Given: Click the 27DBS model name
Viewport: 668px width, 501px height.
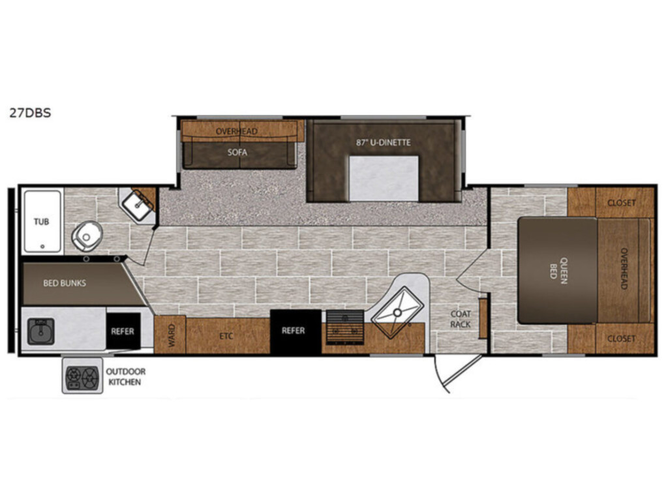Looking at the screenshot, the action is pyautogui.click(x=30, y=113).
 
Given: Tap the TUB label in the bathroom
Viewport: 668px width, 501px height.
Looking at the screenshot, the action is pyautogui.click(x=41, y=222).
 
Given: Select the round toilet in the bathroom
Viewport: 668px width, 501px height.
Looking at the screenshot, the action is pyautogui.click(x=87, y=235).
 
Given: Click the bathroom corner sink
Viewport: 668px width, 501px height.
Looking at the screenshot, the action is pyautogui.click(x=138, y=205).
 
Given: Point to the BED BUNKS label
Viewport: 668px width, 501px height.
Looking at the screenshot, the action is pyautogui.click(x=65, y=283).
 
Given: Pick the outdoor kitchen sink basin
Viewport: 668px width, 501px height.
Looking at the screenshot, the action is pyautogui.click(x=41, y=331).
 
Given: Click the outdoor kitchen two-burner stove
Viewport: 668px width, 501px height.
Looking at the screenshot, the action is pyautogui.click(x=83, y=376).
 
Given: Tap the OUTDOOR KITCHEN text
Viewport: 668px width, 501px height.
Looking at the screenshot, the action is pyautogui.click(x=126, y=376).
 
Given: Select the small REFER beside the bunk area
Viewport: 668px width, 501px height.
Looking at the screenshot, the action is pyautogui.click(x=123, y=331).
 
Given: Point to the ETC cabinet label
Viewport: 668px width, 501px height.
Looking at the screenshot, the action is pyautogui.click(x=226, y=336).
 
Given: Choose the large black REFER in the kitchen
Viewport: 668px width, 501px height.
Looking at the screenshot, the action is pyautogui.click(x=295, y=331).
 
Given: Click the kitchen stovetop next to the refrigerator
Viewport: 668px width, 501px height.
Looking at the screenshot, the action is pyautogui.click(x=345, y=327).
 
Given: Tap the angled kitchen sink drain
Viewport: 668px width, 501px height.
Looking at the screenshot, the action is pyautogui.click(x=397, y=312).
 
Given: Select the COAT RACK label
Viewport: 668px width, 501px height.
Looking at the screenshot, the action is pyautogui.click(x=461, y=319).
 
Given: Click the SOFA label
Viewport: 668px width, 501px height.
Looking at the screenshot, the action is pyautogui.click(x=237, y=152).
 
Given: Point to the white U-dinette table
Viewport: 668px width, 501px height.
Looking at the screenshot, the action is pyautogui.click(x=384, y=178).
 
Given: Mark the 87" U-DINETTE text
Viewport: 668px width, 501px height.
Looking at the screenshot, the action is pyautogui.click(x=384, y=142).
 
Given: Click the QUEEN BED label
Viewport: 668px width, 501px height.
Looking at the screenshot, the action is pyautogui.click(x=558, y=268).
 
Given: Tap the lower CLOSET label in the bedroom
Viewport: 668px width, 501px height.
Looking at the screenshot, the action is pyautogui.click(x=621, y=339).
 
